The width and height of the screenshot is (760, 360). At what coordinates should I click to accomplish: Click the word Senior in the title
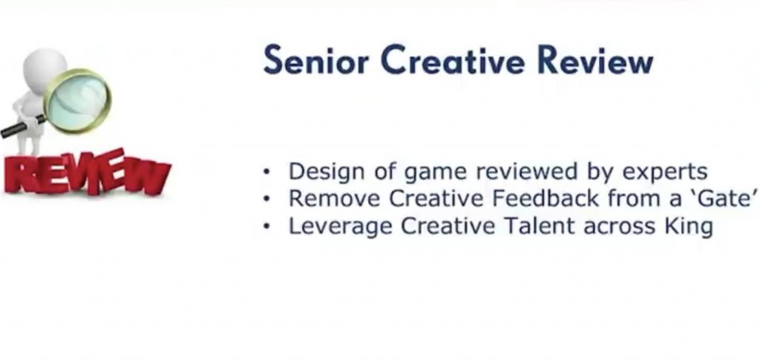(316, 60)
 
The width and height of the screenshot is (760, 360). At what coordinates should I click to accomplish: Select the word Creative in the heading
(453, 60)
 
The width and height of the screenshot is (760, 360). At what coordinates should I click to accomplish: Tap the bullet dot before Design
(266, 171)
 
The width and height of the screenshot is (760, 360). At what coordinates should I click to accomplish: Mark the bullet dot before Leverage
(266, 226)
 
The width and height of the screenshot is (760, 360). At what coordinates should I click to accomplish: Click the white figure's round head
(45, 66)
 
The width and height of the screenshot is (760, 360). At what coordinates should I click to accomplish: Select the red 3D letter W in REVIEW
(145, 177)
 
